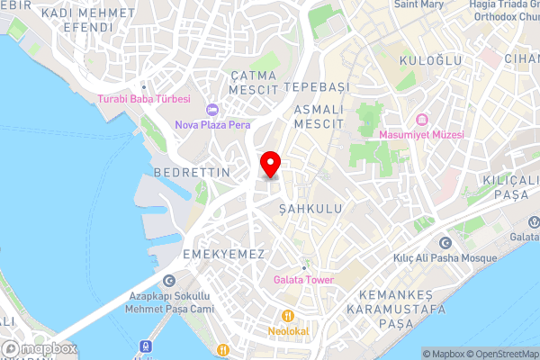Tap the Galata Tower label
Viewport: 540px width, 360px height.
click(x=303, y=280)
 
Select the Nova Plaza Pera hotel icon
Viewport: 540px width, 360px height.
click(x=213, y=110)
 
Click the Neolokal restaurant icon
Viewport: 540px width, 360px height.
click(x=287, y=316)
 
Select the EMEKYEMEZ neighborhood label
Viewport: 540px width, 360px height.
click(x=223, y=255)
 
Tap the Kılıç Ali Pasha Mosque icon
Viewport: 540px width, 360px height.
click(x=445, y=243)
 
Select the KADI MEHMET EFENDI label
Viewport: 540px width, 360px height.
click(x=90, y=22)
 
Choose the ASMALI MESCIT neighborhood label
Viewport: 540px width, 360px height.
click(x=319, y=115)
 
